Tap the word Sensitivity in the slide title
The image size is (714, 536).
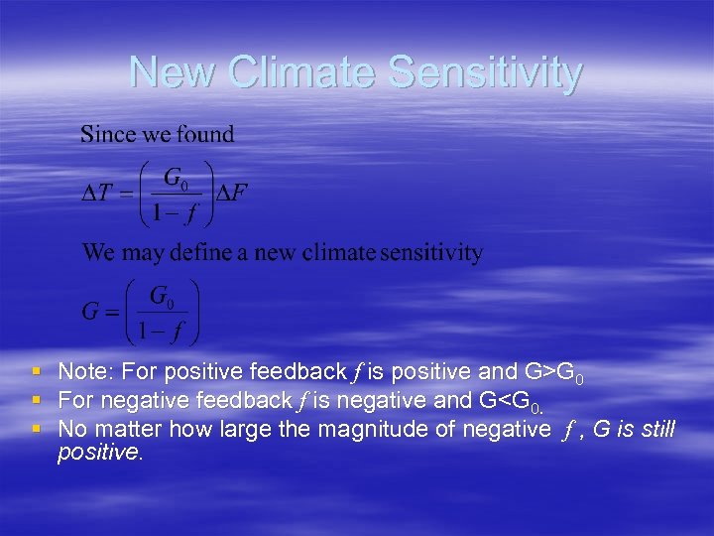point(486,72)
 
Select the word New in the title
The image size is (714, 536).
point(174,72)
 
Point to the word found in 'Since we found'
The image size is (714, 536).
point(205,134)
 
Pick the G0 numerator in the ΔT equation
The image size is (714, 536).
point(175,179)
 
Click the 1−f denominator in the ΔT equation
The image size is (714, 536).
point(175,210)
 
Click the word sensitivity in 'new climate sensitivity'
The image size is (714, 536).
point(429,253)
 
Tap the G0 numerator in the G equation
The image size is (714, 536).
point(158,296)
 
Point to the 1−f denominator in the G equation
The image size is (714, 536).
point(159,330)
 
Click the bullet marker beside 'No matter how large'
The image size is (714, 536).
point(37,429)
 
